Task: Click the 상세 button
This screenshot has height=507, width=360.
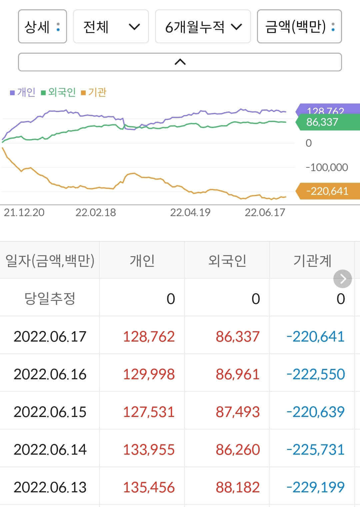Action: (42, 27)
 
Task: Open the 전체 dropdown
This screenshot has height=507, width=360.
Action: (111, 27)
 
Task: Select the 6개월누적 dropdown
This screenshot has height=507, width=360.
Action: (203, 27)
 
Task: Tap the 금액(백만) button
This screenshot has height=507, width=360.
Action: (299, 27)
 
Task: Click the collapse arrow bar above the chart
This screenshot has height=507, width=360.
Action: (180, 62)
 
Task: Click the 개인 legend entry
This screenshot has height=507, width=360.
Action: (23, 92)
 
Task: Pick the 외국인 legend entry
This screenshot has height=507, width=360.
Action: (58, 92)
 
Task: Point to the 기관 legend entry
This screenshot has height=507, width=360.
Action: (94, 92)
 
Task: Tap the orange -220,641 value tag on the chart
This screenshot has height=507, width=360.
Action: (327, 191)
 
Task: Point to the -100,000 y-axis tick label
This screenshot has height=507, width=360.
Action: (327, 167)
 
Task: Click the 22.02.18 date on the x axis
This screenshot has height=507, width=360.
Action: (96, 212)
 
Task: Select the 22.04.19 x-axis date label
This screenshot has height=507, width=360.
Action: (190, 212)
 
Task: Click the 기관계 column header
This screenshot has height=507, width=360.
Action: (312, 261)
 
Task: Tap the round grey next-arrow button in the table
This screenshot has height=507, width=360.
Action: (343, 279)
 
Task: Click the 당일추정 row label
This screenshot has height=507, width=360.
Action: (50, 299)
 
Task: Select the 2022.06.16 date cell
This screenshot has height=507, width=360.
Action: (50, 374)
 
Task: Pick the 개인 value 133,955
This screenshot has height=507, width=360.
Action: (149, 450)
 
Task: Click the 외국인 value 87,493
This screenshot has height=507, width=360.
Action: (237, 412)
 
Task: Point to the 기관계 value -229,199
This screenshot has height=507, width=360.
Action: (315, 487)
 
